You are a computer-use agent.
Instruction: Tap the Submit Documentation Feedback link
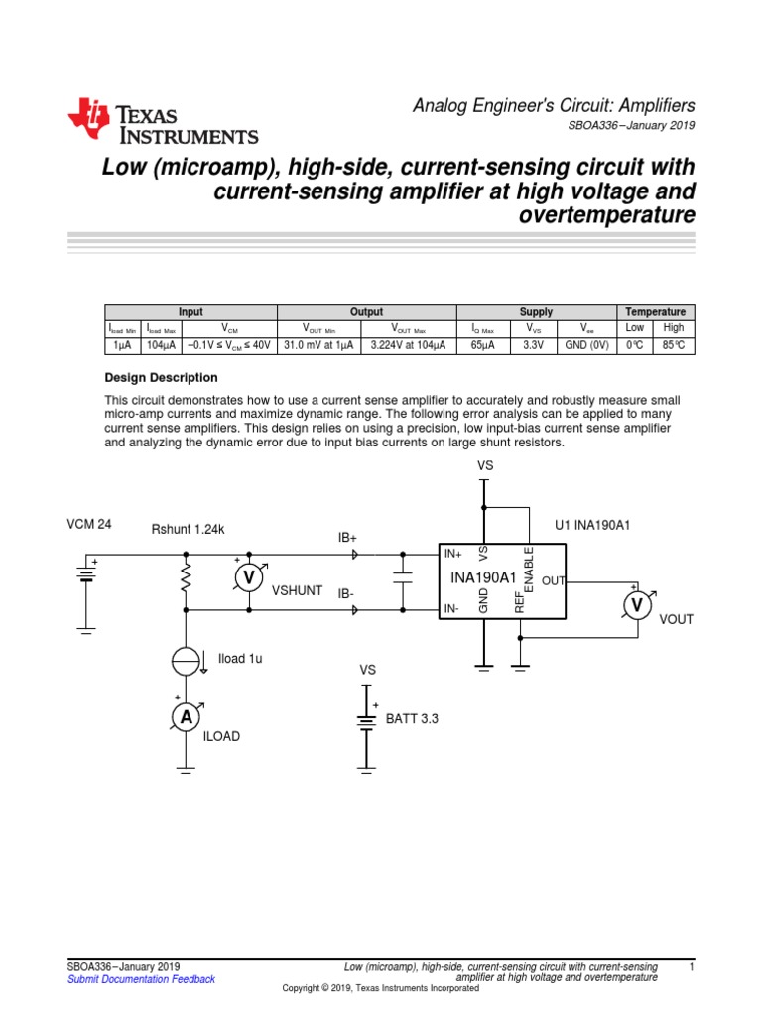point(141,979)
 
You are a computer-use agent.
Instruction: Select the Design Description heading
point(161,378)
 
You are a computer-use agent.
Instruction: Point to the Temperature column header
point(656,312)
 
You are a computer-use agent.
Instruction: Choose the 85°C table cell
point(675,345)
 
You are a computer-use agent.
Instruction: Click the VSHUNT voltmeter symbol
point(250,577)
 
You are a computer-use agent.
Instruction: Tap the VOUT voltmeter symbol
point(638,605)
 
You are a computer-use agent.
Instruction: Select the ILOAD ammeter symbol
point(186,717)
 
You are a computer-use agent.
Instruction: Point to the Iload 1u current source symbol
point(186,660)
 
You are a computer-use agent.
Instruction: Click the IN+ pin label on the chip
point(453,555)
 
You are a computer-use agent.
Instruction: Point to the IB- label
point(346,593)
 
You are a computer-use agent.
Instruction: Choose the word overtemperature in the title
point(606,215)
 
